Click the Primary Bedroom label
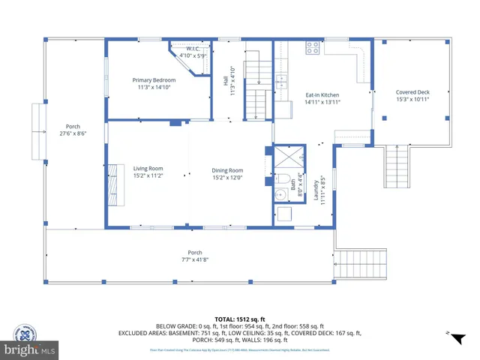pos(154,80)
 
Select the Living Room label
pos(148,169)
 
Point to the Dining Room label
pos(227,170)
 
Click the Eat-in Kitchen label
pos(322,95)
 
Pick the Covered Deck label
pos(412,92)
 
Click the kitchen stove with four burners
pos(313,46)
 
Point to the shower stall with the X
pos(286,157)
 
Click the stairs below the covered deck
pos(394,167)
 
